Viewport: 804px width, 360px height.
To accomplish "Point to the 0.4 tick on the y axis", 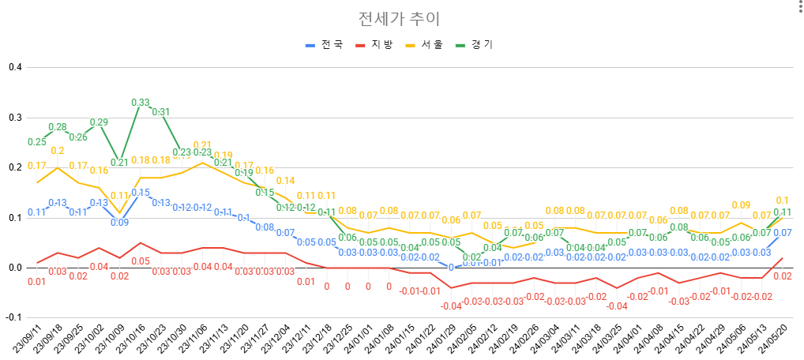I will click(x=14, y=67).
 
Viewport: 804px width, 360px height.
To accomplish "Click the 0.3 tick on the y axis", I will click(x=14, y=118).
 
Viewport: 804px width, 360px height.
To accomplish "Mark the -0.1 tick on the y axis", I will click(x=13, y=317).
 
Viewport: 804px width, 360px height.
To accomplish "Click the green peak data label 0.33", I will click(x=140, y=103).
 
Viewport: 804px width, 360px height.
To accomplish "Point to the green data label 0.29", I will click(x=99, y=122).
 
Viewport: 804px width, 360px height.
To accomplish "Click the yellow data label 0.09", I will click(x=740, y=205).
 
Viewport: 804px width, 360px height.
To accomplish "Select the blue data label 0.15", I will click(x=141, y=193).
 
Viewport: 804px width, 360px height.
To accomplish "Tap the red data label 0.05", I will click(x=141, y=261).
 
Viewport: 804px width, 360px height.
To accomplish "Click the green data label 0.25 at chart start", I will click(x=36, y=142).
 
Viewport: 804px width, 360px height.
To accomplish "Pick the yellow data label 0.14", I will click(x=285, y=181).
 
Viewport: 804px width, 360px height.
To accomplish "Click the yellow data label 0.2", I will click(x=58, y=151).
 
